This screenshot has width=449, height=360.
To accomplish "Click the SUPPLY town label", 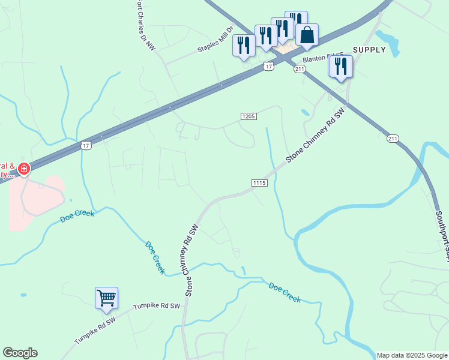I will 369,50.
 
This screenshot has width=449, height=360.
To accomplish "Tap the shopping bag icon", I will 307,35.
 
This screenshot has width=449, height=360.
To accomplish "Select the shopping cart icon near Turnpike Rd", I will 106,298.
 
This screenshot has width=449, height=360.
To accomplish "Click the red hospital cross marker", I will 23,170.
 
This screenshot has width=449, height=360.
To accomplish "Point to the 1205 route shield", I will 249,116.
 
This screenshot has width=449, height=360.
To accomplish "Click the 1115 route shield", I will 259,182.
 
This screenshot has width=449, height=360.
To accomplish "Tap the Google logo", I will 20,353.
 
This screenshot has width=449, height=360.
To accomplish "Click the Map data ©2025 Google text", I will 412,355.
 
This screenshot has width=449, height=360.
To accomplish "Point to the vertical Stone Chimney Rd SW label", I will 191,261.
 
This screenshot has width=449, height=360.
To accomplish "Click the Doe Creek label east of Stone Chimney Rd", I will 284,292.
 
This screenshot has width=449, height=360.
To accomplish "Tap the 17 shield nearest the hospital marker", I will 86,145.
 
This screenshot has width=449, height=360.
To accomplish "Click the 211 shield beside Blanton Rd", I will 300,70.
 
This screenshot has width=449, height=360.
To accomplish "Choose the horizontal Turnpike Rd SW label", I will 157,306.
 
